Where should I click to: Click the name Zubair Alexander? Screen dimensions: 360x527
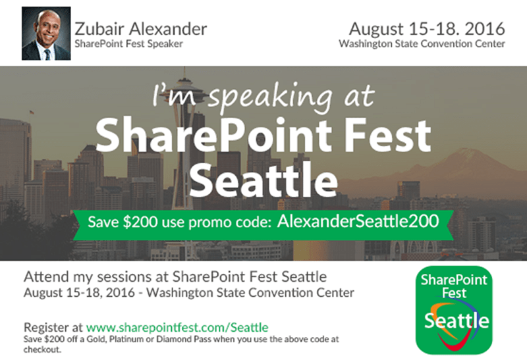coord(141,28)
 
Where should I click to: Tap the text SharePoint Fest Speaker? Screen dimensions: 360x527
coord(128,44)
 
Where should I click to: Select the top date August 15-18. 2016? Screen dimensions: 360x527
coord(427,28)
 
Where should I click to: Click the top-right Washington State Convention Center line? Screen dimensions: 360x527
coord(422,44)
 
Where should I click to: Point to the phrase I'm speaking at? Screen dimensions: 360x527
coord(263,96)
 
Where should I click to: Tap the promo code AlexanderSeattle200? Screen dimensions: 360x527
coord(357,221)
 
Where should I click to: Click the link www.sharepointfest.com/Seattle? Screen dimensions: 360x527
coord(177,326)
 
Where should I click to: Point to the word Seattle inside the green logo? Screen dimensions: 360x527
coord(457,321)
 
